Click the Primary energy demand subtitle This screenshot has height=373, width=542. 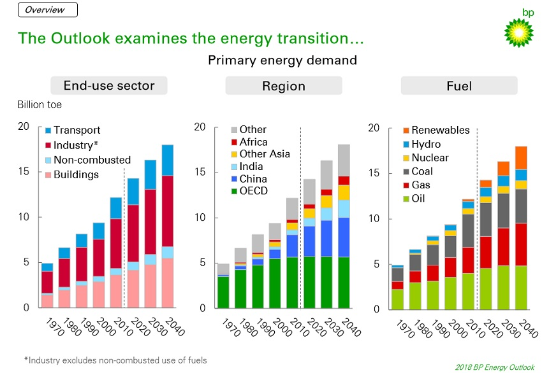(282, 60)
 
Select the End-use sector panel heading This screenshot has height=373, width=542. (109, 86)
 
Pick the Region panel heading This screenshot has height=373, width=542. (284, 86)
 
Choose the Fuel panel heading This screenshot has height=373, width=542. (458, 86)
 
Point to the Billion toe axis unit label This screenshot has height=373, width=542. (39, 105)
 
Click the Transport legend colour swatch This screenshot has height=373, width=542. (48, 130)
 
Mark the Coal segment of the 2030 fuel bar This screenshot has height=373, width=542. (503, 210)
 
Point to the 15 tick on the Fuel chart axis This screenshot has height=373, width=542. (374, 173)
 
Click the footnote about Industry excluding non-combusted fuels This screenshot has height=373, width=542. (115, 360)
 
